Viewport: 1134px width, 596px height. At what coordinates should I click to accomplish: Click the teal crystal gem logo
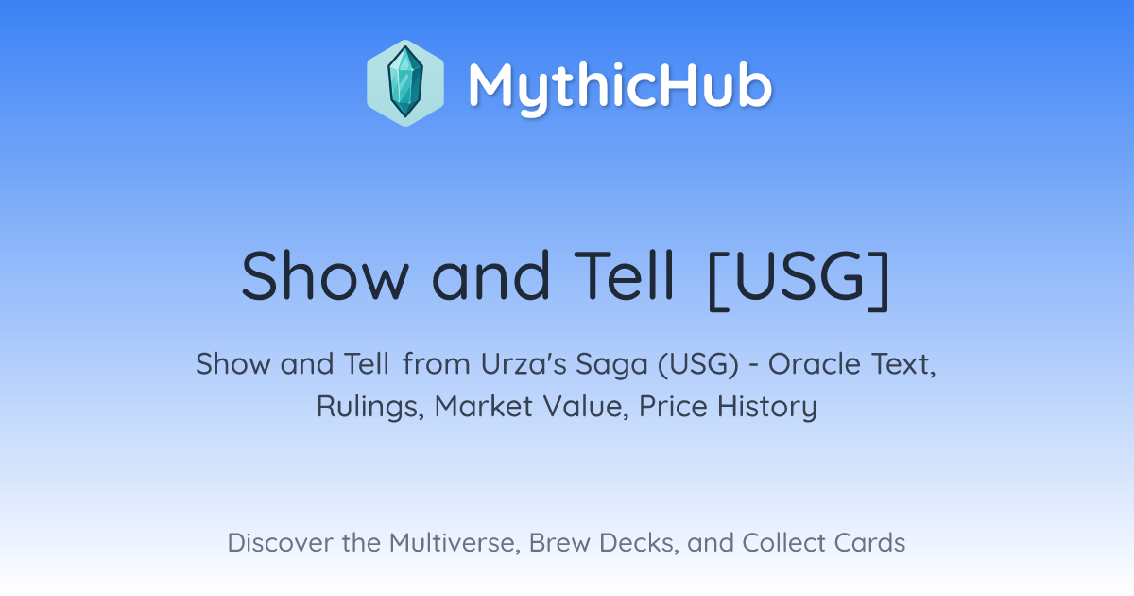(x=405, y=83)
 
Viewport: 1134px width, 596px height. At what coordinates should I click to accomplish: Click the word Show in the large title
(x=325, y=275)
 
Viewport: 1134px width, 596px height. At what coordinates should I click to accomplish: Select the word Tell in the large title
(x=623, y=275)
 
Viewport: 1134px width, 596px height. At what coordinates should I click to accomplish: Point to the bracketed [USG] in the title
(x=799, y=280)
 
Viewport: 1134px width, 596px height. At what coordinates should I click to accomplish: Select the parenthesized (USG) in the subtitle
(x=698, y=364)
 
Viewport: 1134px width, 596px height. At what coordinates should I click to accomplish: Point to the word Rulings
(x=370, y=407)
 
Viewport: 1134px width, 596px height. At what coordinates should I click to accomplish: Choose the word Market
(x=484, y=406)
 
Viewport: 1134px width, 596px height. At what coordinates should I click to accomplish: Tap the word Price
(x=673, y=406)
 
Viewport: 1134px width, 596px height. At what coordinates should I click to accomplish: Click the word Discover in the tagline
(x=281, y=543)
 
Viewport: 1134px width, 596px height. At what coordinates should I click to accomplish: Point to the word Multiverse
(x=455, y=543)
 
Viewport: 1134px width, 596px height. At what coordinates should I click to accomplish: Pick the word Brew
(x=559, y=543)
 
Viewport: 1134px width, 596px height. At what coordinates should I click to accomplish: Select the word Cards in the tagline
(x=869, y=543)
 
